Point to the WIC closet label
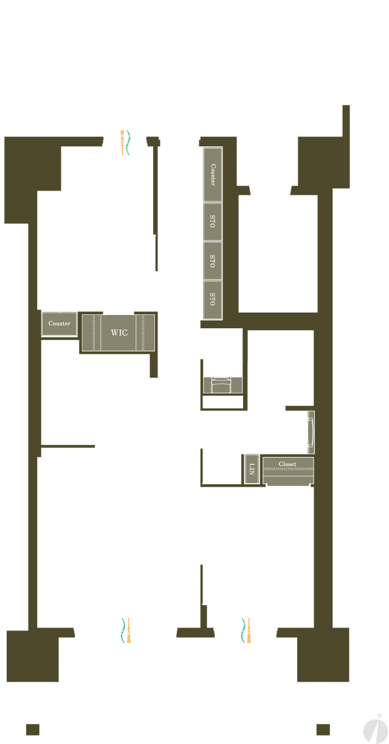[x=119, y=333]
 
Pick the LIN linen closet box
[x=252, y=468]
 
